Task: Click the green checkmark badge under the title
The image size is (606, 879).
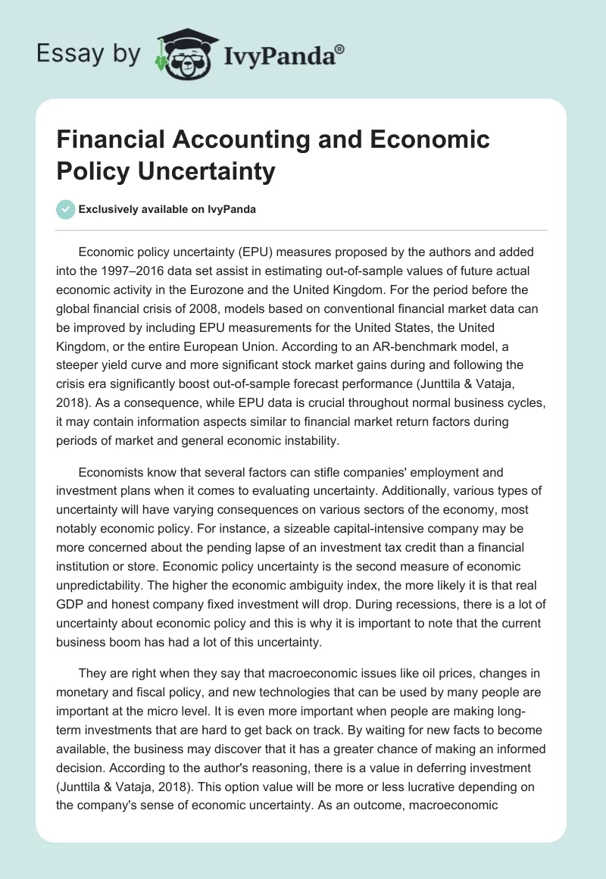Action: [66, 209]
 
